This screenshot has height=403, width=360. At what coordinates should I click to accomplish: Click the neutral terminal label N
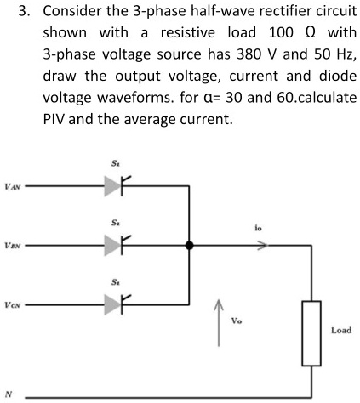[x=9, y=394]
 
